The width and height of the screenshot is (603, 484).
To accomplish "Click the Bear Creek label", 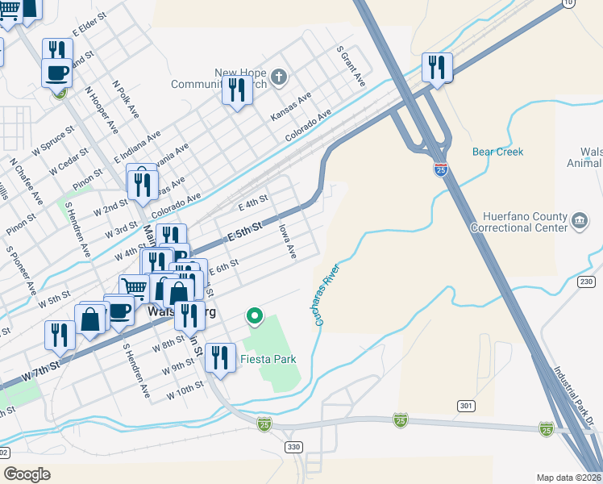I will pos(497,152).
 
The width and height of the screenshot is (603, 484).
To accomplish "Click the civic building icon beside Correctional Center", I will pos(579,221).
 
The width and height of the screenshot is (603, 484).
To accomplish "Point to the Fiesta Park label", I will pos(268,359).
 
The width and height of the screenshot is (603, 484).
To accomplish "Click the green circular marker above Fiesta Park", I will pos(255,315).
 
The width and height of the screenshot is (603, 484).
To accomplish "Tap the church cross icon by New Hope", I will pos(278,77).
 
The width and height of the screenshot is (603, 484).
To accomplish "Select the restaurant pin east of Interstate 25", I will pos(437,67).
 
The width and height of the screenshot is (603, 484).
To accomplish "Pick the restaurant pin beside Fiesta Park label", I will pos(218,357).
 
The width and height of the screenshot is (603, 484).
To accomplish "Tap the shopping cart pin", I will pos(133,288).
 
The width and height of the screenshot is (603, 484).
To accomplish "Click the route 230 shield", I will pos(585,281).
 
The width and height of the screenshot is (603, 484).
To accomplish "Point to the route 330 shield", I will pos(293,446).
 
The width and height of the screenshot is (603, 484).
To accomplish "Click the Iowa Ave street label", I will pos(288,242).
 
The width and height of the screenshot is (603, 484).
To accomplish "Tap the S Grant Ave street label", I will pos(351,66).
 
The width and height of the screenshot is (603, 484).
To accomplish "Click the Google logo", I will pos(27,474).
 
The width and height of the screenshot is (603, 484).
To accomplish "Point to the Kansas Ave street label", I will pos(290,106).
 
